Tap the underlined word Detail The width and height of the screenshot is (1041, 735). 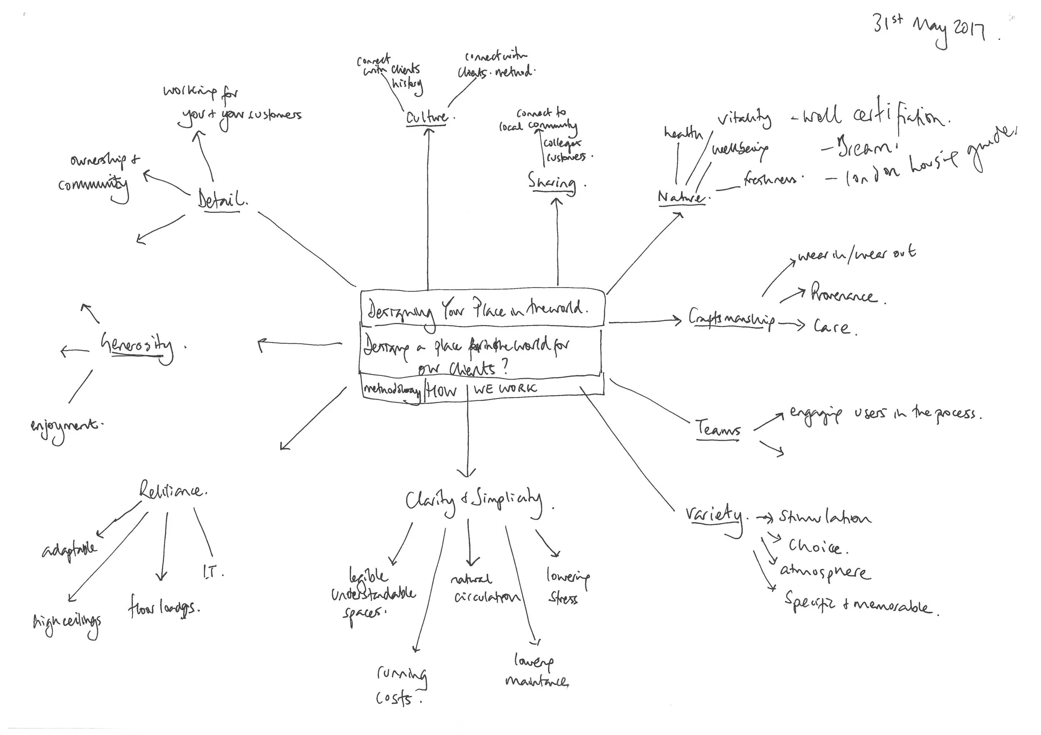221,199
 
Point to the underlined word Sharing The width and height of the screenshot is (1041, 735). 552,182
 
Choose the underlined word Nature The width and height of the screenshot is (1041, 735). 682,197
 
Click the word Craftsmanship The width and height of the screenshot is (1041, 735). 731,319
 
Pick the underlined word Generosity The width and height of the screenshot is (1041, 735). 137,346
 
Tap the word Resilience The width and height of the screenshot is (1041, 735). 172,491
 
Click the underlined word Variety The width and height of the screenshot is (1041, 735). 715,516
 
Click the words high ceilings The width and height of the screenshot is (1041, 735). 67,623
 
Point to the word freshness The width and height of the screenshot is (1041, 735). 771,179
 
